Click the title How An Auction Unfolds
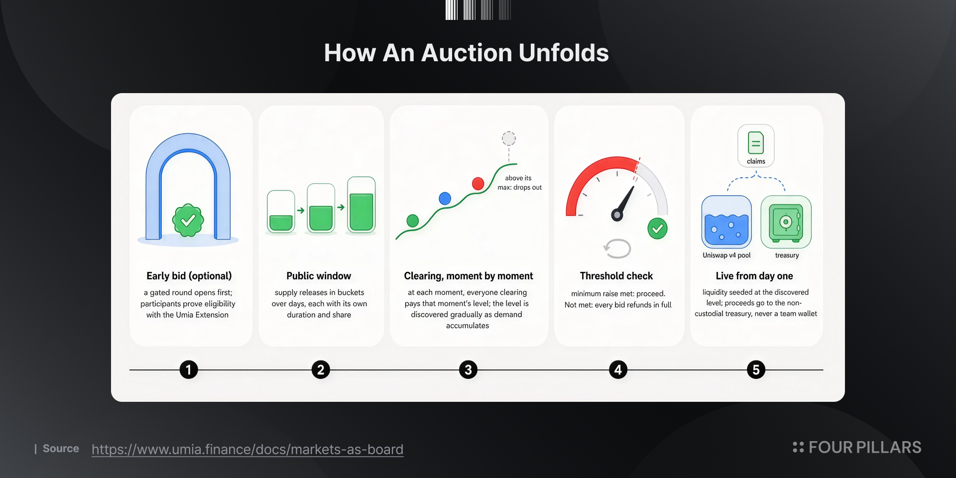467,53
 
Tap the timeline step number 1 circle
189,370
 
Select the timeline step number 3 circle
468,370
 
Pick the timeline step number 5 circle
756,370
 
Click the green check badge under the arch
188,220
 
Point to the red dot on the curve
478,184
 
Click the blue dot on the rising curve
445,199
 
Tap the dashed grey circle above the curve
508,138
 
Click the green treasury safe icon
786,222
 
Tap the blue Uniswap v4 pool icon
726,222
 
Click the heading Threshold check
616,276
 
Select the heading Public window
319,276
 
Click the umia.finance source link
247,449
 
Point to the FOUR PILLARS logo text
865,448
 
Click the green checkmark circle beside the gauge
657,229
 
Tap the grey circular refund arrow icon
617,248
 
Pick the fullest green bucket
361,205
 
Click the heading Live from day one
754,276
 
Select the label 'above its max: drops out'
519,183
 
